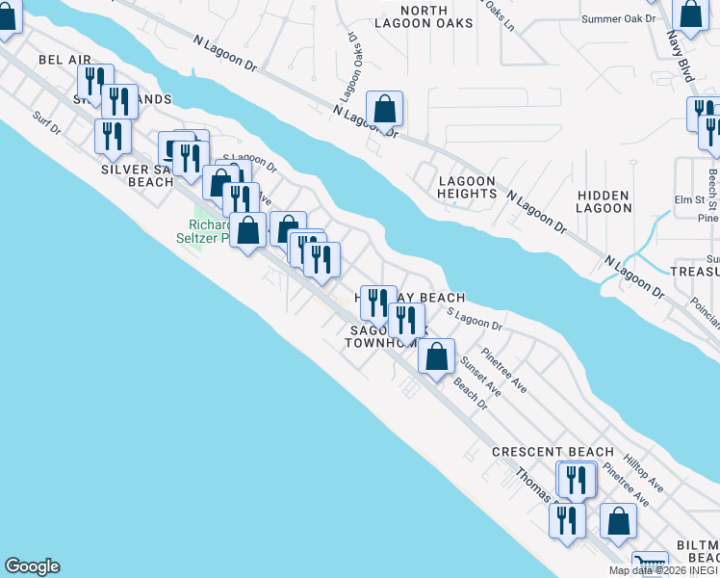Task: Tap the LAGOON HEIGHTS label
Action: (467, 187)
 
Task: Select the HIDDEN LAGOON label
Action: (604, 201)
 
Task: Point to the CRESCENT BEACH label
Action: (553, 452)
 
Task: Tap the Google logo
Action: (32, 566)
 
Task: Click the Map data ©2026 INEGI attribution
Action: (663, 570)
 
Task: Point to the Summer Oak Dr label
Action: (619, 18)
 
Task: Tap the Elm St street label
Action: (689, 200)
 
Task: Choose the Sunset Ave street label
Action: (480, 377)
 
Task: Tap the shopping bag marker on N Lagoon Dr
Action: (384, 109)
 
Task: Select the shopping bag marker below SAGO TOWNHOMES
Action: (436, 355)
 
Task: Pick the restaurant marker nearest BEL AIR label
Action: (95, 81)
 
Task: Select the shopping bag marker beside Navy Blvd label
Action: (690, 13)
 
